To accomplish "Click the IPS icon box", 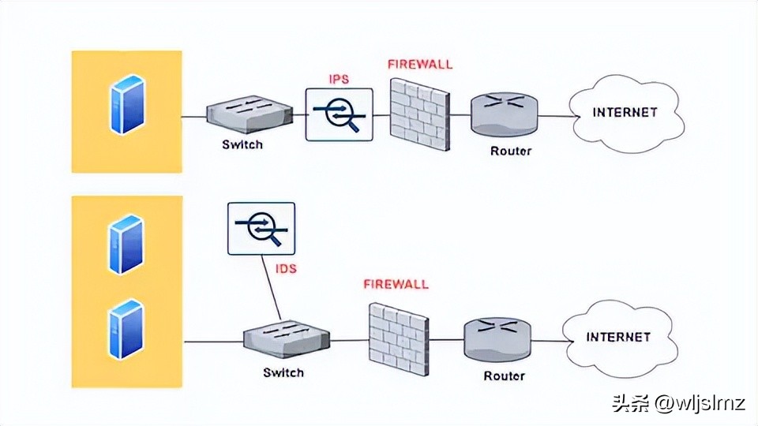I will coord(340,114).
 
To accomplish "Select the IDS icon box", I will coord(261,229).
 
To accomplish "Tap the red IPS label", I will coord(339,80).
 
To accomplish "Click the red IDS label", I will coord(286,269).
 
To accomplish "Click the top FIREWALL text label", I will coord(420,64).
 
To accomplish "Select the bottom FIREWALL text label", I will coord(396,284).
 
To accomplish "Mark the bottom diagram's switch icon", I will coord(283,340).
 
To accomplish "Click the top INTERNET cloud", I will coord(625,113).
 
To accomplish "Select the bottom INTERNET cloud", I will coord(618,337).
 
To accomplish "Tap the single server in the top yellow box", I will coord(127,105).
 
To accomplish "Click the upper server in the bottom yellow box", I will coord(126,245).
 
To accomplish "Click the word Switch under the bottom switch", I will coord(283,372).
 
